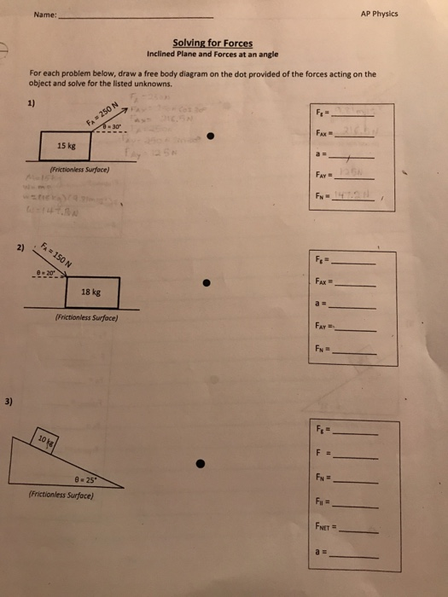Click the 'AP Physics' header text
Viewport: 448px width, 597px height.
click(x=380, y=14)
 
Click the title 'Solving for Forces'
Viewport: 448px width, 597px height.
click(x=212, y=42)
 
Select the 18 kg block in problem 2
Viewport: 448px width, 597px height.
click(x=92, y=292)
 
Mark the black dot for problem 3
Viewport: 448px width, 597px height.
click(x=201, y=465)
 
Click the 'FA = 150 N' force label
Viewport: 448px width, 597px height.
click(x=57, y=255)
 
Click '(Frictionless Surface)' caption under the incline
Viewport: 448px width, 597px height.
click(x=61, y=494)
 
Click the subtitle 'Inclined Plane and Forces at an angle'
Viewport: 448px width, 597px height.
click(x=212, y=53)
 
